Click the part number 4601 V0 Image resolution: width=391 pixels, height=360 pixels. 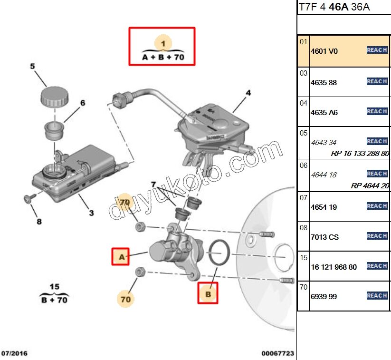coord(324,51)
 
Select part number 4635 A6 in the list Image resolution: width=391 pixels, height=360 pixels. coord(324,113)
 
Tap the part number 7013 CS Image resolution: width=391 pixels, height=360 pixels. coord(324,237)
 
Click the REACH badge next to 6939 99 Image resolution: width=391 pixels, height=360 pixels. coord(377,296)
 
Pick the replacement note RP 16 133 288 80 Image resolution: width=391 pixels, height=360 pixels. coord(360,154)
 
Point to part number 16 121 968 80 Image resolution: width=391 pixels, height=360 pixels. coord(333,267)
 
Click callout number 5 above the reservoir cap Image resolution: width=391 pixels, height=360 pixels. coord(33,67)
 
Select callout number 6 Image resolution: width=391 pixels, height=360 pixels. coord(82,103)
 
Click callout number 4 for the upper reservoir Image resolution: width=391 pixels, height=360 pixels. coord(248,93)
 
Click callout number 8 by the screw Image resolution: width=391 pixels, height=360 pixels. coord(39,222)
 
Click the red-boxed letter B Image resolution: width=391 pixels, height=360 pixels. coord(208,294)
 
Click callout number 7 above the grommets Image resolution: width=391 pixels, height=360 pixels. coord(153,184)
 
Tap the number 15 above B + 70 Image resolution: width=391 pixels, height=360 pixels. coord(55,286)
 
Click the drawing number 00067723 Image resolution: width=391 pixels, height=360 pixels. coord(277,354)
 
